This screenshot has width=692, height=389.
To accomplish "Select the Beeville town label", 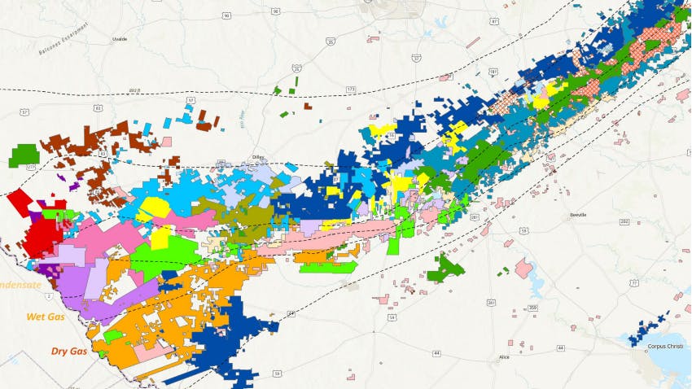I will tap(578, 215).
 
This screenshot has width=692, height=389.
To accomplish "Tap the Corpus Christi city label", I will tap(661, 346).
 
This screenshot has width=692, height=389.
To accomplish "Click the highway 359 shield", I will tap(532, 307).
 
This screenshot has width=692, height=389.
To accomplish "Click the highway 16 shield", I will tap(391, 137).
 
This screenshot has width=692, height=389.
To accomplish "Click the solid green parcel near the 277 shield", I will tap(24, 154).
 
